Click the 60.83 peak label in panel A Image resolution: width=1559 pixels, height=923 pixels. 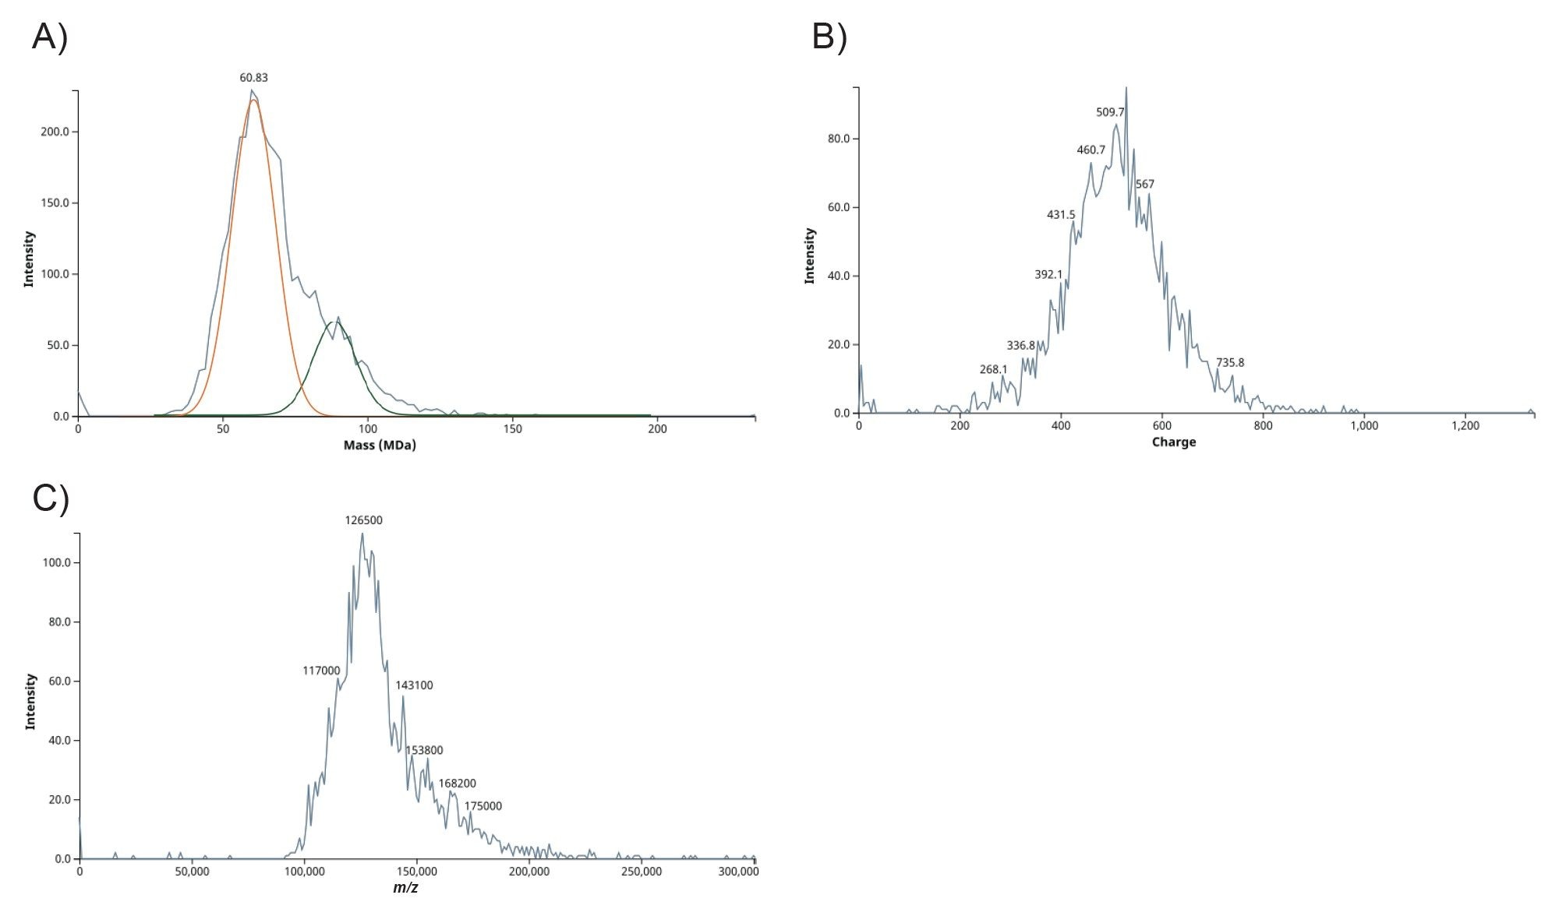pyautogui.click(x=253, y=78)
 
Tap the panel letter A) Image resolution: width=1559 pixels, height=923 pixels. pyautogui.click(x=50, y=37)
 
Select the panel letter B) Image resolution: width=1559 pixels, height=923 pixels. pyautogui.click(x=829, y=37)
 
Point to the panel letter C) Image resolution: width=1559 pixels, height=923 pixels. pyautogui.click(x=51, y=498)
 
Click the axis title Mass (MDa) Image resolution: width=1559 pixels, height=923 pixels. pyautogui.click(x=380, y=446)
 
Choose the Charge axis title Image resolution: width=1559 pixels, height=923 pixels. pyautogui.click(x=1173, y=442)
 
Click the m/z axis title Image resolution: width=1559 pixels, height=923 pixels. pyautogui.click(x=405, y=888)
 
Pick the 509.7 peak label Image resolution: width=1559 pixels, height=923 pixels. pyautogui.click(x=1110, y=112)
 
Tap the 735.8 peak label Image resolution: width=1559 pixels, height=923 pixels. pyautogui.click(x=1230, y=362)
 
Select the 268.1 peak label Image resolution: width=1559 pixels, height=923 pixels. pyautogui.click(x=993, y=369)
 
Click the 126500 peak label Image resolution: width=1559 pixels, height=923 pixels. pyautogui.click(x=364, y=520)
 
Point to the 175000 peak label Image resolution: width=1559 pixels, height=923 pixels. pyautogui.click(x=483, y=806)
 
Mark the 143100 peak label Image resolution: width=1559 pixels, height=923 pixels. pyautogui.click(x=414, y=685)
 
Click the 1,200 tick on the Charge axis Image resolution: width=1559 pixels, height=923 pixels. pyautogui.click(x=1465, y=426)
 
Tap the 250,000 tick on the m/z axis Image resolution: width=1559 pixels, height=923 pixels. pyautogui.click(x=642, y=872)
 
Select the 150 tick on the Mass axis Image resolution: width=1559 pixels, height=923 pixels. pyautogui.click(x=512, y=429)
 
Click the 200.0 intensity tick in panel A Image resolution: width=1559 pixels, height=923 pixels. pyautogui.click(x=55, y=132)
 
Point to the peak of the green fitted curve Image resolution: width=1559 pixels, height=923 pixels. pyautogui.click(x=336, y=322)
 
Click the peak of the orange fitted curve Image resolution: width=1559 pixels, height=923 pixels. pyautogui.click(x=253, y=100)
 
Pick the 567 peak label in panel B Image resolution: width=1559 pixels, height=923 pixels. pyautogui.click(x=1145, y=185)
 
